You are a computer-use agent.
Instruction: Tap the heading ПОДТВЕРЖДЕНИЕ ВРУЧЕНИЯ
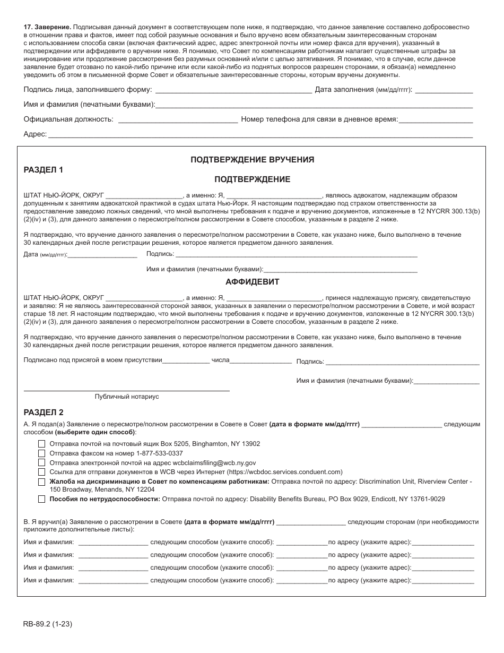click(252, 159)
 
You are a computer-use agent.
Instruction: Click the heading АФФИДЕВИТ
click(252, 282)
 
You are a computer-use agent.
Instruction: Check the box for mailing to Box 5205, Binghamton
click(41, 444)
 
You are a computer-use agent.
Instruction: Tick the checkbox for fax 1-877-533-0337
click(41, 453)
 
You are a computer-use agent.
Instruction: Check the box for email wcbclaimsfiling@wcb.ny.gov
click(41, 463)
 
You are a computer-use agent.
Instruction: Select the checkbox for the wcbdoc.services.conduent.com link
click(41, 472)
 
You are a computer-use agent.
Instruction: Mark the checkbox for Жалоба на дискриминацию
click(41, 482)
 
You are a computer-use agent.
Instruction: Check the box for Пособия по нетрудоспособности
click(41, 499)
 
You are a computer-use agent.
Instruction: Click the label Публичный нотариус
click(127, 397)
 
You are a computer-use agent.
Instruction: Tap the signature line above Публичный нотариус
click(127, 390)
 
